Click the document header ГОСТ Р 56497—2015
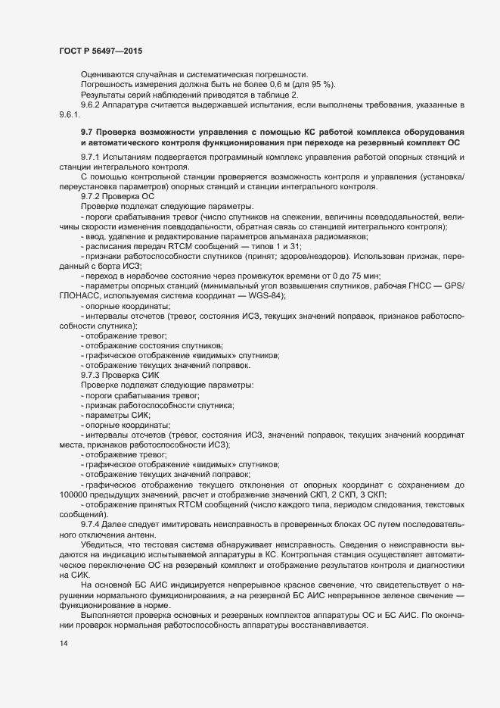100,51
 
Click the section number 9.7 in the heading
87,133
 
